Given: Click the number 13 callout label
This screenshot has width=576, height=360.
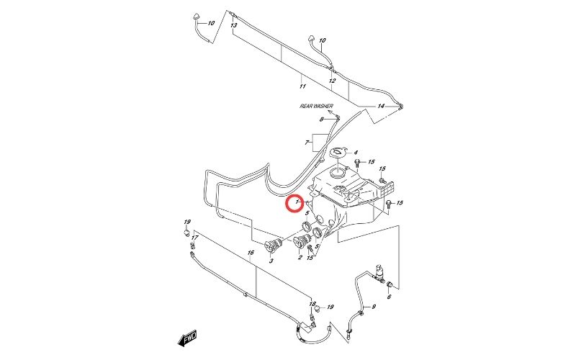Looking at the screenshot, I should [233, 25].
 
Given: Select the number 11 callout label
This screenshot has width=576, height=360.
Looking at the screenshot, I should [302, 86].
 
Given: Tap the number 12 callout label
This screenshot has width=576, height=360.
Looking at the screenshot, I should [332, 81].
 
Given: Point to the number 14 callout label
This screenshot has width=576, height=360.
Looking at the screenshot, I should [381, 107].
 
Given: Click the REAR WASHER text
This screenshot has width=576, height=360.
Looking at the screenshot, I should [317, 106].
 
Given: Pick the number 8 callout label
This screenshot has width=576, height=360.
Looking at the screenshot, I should [312, 119].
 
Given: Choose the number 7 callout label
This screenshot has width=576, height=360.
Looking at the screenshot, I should [307, 144].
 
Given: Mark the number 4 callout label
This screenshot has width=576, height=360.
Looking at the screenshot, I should [355, 153].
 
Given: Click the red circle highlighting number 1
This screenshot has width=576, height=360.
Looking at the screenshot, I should [294, 204].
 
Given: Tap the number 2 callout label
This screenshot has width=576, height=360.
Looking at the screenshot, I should [300, 257].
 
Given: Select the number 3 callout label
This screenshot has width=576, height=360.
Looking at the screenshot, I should [271, 260].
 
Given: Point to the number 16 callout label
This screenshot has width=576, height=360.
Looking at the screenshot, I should [251, 253].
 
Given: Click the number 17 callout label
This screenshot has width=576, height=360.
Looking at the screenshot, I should [194, 237].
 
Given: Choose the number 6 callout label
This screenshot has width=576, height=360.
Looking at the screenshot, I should [389, 297].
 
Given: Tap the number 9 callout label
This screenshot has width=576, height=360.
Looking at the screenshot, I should [373, 307].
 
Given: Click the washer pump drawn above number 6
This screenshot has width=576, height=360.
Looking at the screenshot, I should [380, 274].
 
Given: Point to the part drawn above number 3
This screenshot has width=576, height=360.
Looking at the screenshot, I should [272, 244].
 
